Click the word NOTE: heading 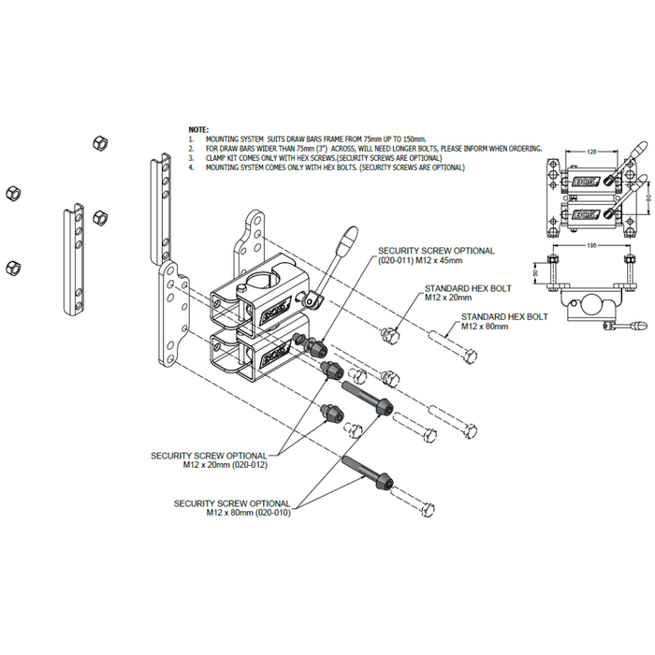(198, 128)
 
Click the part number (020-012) (247, 465)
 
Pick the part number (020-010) (271, 513)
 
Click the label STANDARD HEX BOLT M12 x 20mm (458, 293)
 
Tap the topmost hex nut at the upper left (99, 142)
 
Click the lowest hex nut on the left (12, 266)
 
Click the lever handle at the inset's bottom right (636, 326)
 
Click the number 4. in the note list (191, 167)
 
